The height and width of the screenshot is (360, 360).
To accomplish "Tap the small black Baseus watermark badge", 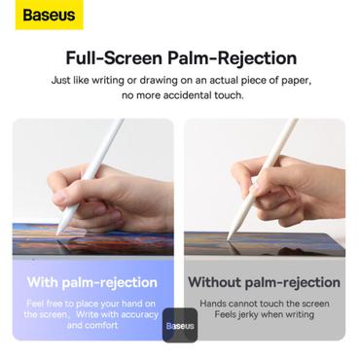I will [x=180, y=326].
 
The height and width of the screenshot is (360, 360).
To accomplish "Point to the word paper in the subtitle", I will [x=286, y=79].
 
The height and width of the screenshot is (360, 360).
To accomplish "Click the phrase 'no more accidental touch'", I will [x=180, y=95].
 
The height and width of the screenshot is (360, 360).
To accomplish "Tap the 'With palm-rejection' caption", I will [x=92, y=282].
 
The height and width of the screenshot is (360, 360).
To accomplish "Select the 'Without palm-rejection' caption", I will [x=264, y=282].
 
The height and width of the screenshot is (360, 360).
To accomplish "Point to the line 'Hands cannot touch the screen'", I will [x=264, y=303].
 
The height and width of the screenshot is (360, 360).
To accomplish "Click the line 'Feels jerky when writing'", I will [x=264, y=314].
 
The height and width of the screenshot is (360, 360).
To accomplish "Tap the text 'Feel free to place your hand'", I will [x=92, y=303].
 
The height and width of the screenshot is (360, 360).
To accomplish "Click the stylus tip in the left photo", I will [x=59, y=233].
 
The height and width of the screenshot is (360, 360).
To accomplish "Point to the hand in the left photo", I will [x=107, y=195].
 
